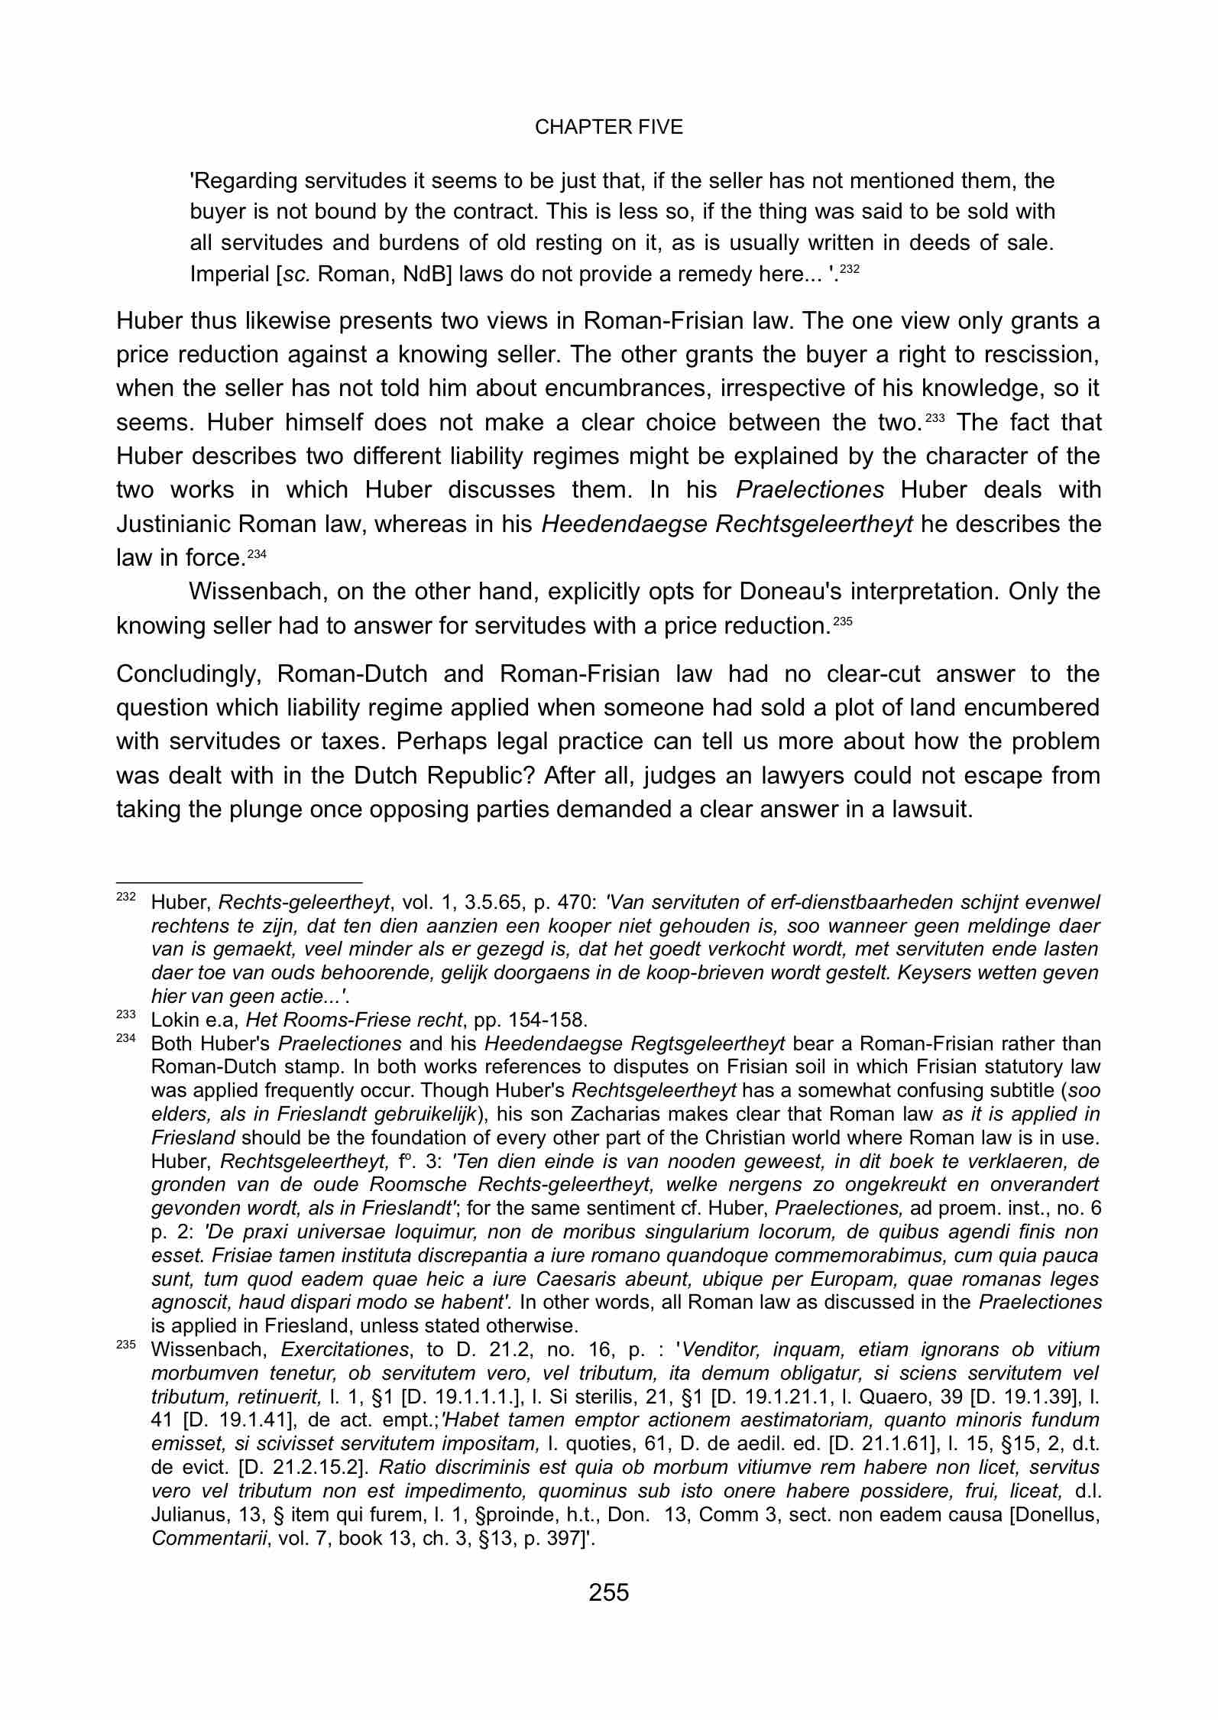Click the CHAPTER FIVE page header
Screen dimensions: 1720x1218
pos(608,128)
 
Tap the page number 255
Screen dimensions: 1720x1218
pos(608,1592)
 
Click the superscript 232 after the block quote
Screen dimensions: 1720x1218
pos(850,269)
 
